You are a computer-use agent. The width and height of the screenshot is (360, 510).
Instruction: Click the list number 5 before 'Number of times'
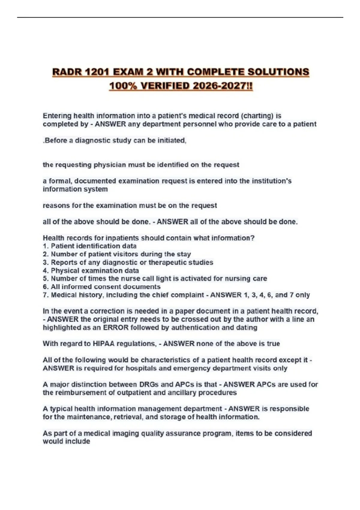(45, 279)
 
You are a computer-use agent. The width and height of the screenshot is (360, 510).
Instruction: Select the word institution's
(271, 181)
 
